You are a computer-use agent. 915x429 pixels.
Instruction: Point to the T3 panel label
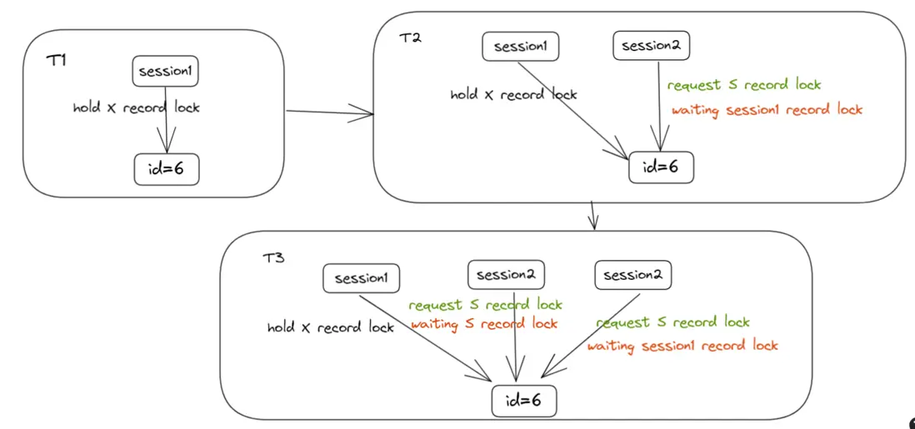click(x=273, y=257)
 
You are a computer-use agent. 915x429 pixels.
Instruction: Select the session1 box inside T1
click(x=167, y=71)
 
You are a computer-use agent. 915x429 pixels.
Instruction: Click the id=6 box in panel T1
click(x=167, y=169)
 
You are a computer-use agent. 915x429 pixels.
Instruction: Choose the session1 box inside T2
click(x=520, y=47)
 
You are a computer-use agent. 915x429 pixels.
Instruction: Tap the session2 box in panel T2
click(x=651, y=45)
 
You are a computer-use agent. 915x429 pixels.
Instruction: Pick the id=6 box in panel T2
click(x=661, y=167)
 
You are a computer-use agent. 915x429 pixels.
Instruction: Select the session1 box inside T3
click(x=361, y=277)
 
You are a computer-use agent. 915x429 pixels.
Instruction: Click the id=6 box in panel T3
click(x=524, y=401)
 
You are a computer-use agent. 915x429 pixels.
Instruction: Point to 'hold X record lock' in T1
click(x=137, y=107)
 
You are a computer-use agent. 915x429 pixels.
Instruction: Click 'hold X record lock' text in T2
click(x=513, y=94)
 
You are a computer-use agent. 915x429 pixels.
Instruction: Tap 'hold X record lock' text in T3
click(x=331, y=327)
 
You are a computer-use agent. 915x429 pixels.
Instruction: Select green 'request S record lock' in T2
click(x=744, y=85)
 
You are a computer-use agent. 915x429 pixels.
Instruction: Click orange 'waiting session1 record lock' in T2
click(x=767, y=110)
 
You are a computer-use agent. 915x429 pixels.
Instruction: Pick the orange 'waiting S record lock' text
click(x=484, y=323)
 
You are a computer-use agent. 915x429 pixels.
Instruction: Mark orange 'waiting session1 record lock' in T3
click(x=682, y=346)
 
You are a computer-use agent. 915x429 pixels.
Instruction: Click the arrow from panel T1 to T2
click(x=329, y=112)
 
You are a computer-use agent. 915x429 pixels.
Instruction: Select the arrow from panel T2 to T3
click(x=593, y=215)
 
